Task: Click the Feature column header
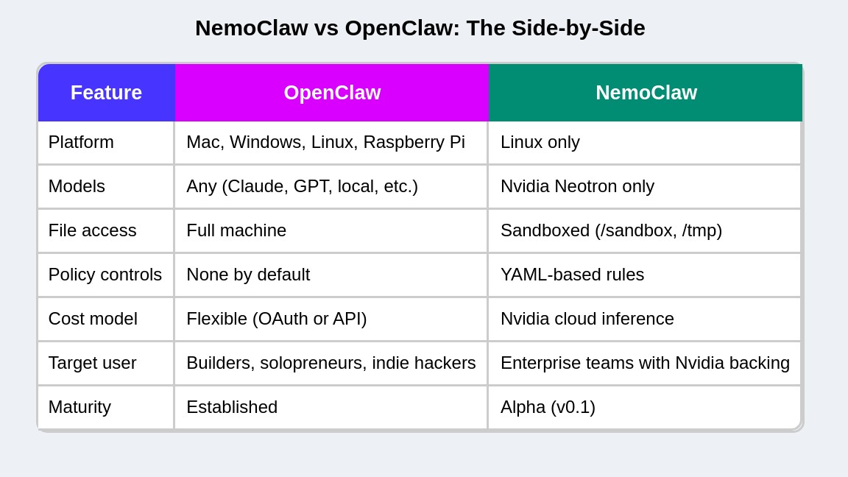click(106, 93)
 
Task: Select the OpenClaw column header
click(332, 93)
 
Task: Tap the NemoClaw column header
click(646, 93)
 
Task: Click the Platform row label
click(81, 142)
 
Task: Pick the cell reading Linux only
click(540, 142)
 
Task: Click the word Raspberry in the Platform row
click(403, 142)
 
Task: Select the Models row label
click(77, 186)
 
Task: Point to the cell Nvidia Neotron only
click(577, 186)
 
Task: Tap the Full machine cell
click(236, 230)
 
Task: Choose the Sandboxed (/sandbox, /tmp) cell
click(611, 230)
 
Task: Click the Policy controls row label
click(105, 275)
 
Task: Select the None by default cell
click(248, 275)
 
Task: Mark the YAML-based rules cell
click(572, 275)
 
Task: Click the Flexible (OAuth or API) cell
click(276, 319)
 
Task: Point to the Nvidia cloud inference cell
click(587, 319)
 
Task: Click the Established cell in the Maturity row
click(232, 407)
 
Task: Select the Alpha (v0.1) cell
click(548, 407)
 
